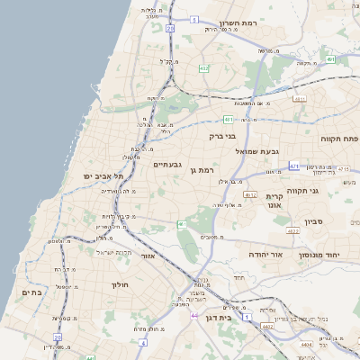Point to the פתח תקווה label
(338, 139)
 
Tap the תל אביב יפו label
(103, 175)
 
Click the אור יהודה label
(265, 255)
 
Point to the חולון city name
(120, 284)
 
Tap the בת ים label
(31, 292)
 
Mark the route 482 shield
(203, 67)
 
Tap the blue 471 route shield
(294, 166)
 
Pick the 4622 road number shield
(292, 231)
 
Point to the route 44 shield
(194, 316)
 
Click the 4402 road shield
(267, 328)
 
